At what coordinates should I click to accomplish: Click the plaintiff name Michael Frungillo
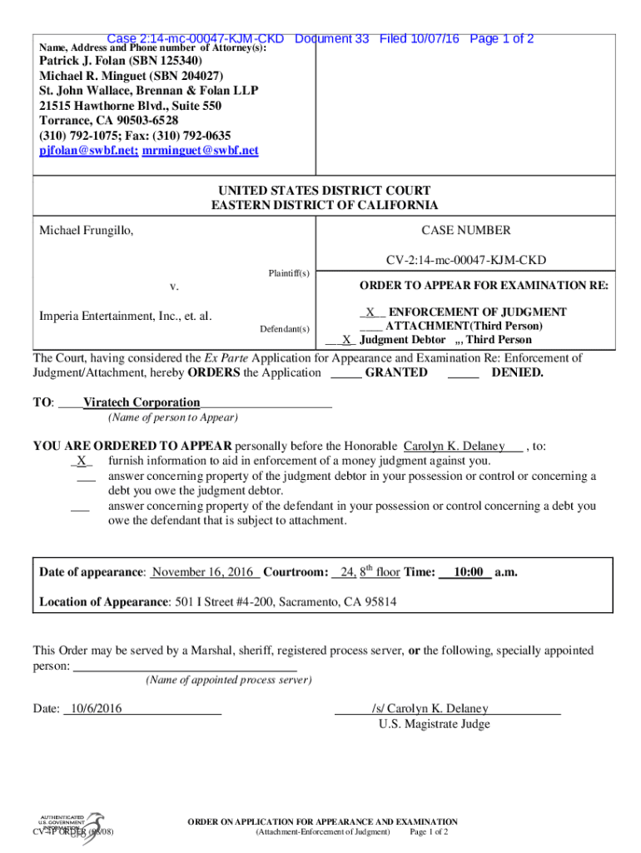(86, 230)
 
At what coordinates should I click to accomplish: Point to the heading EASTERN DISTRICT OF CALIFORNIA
(324, 205)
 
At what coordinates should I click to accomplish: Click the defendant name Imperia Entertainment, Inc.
(125, 316)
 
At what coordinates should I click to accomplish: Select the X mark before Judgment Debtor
(345, 340)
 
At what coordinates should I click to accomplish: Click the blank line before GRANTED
(345, 373)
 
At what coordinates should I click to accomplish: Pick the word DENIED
(517, 372)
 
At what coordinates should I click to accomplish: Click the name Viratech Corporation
(142, 402)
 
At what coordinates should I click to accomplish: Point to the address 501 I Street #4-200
(225, 601)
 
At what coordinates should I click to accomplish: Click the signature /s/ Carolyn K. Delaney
(430, 709)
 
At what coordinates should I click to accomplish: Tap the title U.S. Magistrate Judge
(434, 724)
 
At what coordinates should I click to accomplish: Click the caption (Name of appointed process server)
(228, 681)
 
